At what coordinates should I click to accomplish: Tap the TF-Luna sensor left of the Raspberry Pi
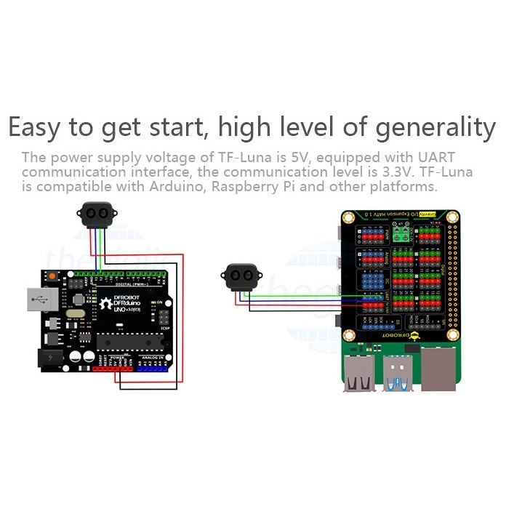[x=241, y=276]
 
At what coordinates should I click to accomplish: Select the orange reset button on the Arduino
[x=52, y=277]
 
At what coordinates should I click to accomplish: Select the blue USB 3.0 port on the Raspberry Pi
[x=398, y=372]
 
